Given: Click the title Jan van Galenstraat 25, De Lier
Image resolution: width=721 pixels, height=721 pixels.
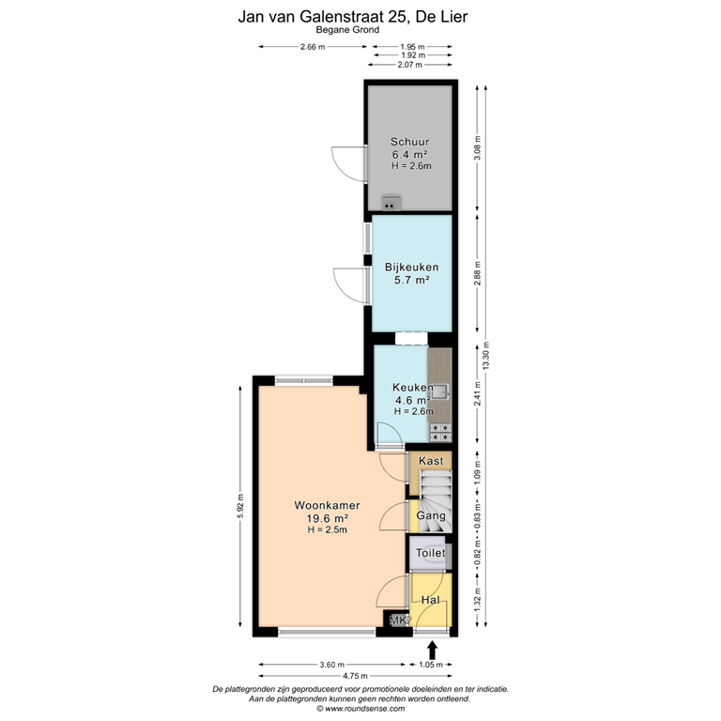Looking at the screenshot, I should tap(360, 16).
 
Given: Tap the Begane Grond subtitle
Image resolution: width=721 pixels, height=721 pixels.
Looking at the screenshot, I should tap(360, 30).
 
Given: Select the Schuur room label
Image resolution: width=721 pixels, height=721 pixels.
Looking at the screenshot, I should tap(409, 143).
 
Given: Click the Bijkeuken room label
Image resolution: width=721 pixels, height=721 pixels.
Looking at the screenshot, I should tap(411, 267).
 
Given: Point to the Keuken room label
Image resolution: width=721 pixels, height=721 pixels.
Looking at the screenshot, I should tap(412, 387).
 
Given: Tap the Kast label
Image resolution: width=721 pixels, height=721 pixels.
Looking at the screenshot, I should tap(431, 461).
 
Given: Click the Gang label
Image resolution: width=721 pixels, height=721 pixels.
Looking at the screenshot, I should tap(430, 516).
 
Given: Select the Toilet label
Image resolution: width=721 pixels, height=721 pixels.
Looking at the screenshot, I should tap(430, 554).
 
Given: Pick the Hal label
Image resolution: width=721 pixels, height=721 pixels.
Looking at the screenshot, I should tap(431, 600).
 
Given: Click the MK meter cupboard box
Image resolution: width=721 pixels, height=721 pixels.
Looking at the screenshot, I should tap(399, 621).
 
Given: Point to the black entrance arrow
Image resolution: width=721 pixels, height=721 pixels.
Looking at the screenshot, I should tap(433, 650).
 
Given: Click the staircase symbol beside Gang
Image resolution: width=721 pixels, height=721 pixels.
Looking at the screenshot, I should tap(436, 489).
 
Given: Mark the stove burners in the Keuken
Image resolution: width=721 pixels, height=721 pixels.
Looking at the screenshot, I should tap(439, 431).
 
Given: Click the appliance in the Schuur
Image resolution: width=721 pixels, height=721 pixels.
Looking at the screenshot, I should tap(391, 202).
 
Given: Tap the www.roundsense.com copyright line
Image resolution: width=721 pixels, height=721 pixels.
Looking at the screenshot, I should tap(360, 709).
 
